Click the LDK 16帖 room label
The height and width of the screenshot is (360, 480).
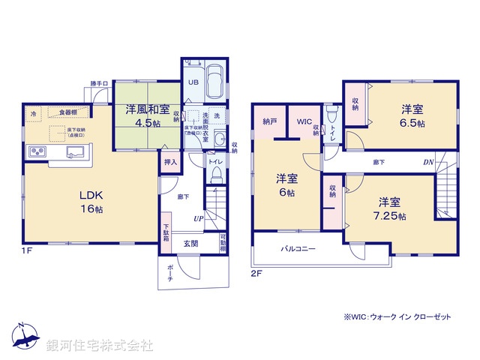coord(91,201)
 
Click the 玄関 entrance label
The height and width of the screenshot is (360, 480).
coord(191,243)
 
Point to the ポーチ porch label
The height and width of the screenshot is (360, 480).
coord(170,275)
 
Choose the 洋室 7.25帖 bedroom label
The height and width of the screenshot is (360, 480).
coord(391,209)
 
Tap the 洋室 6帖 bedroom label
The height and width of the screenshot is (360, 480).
coord(285,184)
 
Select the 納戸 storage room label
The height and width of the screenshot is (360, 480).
coord(271,121)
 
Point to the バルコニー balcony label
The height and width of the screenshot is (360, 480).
coord(298,248)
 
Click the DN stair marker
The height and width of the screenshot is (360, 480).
coord(427,161)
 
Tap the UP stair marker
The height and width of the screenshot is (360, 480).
coord(198,219)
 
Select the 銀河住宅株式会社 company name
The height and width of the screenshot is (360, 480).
coord(100,346)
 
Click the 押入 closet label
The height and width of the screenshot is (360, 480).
coord(170,161)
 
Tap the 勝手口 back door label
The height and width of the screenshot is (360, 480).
coord(100,83)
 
